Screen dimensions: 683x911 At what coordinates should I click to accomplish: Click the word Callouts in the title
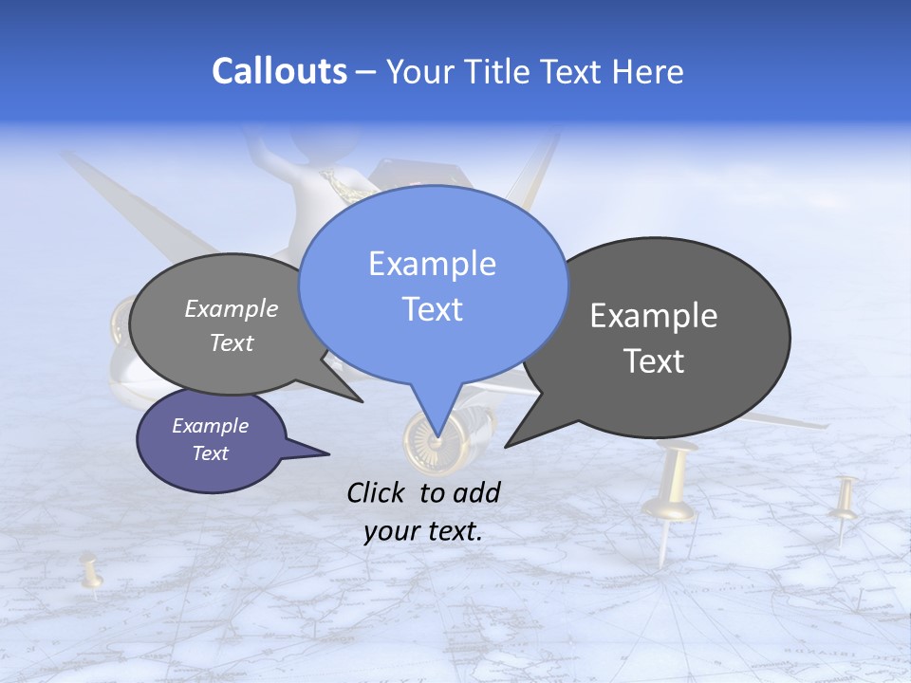tap(279, 71)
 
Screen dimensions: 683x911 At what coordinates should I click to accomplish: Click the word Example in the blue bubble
tap(432, 264)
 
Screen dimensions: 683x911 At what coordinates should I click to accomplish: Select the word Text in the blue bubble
tap(432, 309)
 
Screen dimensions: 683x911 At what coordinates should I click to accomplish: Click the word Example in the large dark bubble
tap(654, 316)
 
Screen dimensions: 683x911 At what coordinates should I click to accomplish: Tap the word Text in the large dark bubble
tap(654, 361)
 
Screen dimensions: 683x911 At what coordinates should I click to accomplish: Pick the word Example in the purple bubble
tap(210, 426)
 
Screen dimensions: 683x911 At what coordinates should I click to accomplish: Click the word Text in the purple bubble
tap(210, 453)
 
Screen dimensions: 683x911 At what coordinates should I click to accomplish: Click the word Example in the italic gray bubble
tap(232, 309)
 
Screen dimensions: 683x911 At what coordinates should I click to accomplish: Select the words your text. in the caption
tap(423, 531)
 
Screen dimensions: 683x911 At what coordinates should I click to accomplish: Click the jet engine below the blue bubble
tap(446, 438)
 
